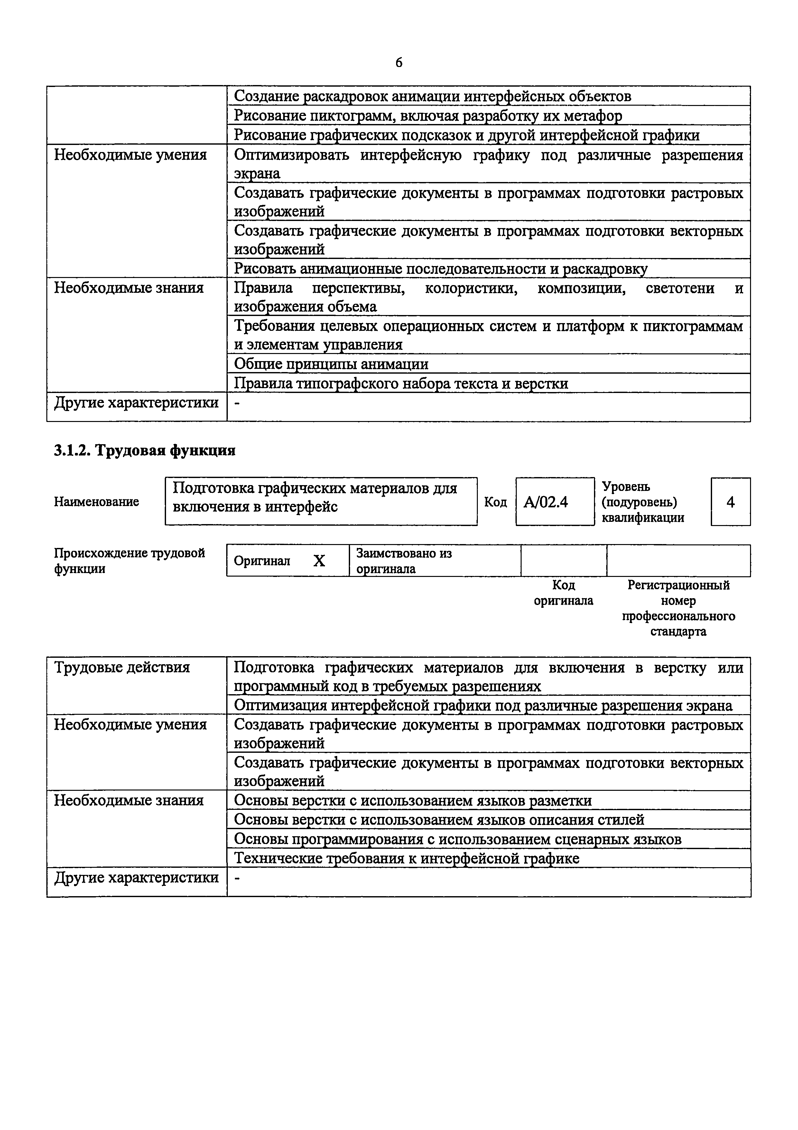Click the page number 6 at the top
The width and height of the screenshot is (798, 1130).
399,62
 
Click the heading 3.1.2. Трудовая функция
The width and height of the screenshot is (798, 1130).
144,450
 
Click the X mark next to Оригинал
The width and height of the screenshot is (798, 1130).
319,560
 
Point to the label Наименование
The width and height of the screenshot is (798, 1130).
96,502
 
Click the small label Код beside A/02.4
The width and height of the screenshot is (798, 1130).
495,502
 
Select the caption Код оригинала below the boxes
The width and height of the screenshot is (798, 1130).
563,593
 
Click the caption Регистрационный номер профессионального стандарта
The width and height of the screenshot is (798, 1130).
679,608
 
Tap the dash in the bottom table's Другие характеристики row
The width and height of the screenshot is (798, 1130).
237,877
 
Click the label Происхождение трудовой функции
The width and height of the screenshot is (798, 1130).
129,560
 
